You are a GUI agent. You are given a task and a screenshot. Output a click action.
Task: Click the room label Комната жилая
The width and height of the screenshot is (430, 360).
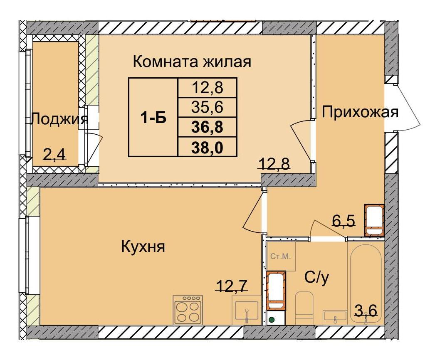point(192,62)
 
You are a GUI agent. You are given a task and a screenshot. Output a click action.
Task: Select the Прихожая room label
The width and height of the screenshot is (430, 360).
point(360,112)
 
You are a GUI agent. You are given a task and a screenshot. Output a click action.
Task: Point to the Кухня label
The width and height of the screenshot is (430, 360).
point(143,247)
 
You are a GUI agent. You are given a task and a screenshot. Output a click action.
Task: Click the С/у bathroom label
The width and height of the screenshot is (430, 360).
point(316,277)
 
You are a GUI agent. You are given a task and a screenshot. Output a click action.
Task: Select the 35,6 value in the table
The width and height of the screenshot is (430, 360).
point(208,108)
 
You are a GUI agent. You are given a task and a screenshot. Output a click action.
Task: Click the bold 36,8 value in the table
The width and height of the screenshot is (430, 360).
point(208,127)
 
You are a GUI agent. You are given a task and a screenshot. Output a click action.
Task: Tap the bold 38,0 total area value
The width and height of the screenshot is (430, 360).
point(208,147)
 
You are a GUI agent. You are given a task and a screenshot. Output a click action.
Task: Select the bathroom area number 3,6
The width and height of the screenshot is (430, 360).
point(366,310)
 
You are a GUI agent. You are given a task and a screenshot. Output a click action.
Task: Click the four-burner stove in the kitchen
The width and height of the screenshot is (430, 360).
point(188,310)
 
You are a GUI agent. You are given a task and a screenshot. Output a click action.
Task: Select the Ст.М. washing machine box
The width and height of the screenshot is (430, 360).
point(281,256)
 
